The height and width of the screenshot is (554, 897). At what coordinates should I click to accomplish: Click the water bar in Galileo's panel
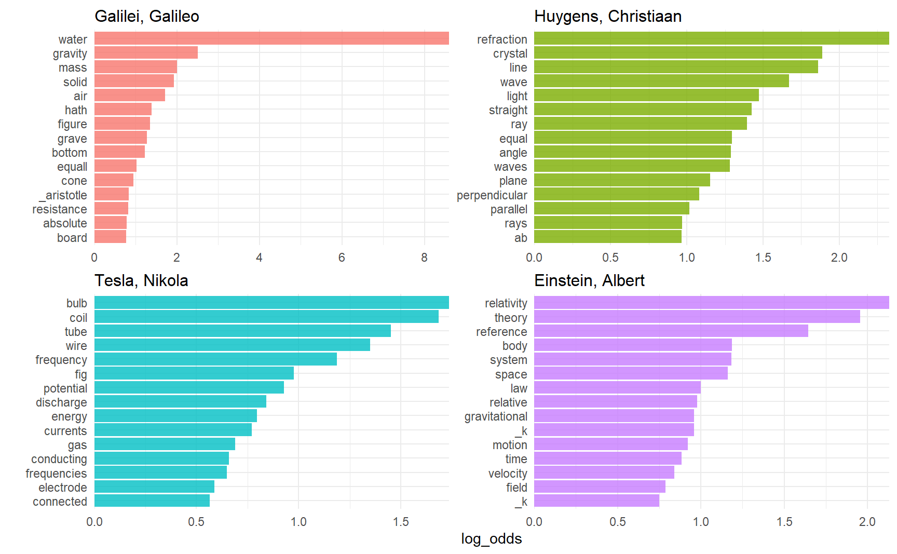coord(271,38)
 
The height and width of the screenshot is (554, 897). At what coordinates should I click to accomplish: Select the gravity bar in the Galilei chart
coord(146,53)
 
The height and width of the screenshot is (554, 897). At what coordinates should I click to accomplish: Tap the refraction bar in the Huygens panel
coord(711,38)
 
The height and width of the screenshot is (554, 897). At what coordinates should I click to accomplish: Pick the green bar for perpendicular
coord(616,195)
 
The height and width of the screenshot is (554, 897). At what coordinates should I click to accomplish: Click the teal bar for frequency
coord(215,359)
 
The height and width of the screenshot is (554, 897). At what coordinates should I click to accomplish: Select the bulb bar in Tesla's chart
coord(271,303)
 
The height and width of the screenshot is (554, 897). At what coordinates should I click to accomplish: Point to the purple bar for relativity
coord(711,303)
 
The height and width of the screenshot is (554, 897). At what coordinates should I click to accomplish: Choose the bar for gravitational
coord(614,416)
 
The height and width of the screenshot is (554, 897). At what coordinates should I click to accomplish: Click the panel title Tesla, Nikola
coord(141,280)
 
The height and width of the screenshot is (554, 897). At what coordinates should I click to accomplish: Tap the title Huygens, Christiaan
coord(607,17)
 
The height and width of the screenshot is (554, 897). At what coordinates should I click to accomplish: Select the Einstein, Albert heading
coord(589,280)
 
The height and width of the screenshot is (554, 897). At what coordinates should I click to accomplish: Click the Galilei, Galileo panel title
coord(147,17)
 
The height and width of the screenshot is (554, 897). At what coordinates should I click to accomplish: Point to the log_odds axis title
coord(491,539)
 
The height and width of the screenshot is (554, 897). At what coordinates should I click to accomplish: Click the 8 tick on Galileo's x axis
coord(424,258)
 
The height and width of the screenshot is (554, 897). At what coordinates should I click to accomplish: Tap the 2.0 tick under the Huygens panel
coord(839,258)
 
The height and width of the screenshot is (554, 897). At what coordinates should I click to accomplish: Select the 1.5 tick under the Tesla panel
coord(401,522)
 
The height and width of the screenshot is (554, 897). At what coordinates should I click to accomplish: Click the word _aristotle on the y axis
coord(63,195)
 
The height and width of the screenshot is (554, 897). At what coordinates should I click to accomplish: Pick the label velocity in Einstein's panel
coord(507,474)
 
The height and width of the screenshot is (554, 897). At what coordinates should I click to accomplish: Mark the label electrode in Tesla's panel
coord(62,488)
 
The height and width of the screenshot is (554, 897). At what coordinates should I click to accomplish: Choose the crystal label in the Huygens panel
coord(510,53)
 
